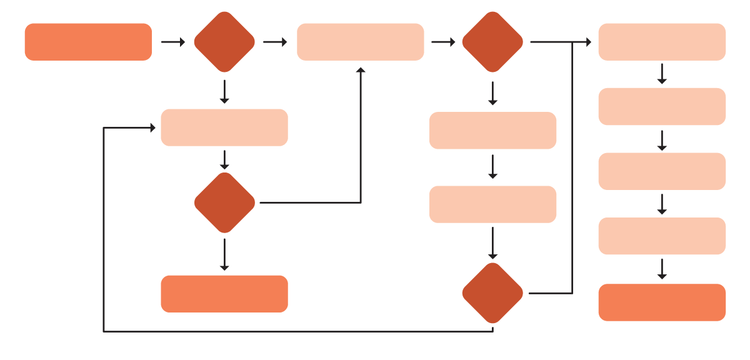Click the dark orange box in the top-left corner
pos(88,42)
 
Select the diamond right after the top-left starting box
pos(224,42)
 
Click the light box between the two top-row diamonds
pos(360,42)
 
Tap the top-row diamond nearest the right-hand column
pos(492,42)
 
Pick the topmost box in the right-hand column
pos(662,42)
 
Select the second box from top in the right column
pos(662,106)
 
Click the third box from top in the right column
pos(662,171)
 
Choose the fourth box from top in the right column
pos(662,236)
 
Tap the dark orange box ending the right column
pos(662,302)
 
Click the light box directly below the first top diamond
pos(224,127)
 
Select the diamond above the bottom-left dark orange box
pos(224,202)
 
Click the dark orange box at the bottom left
pos(224,294)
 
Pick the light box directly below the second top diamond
pos(492,130)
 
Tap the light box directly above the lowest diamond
pos(492,204)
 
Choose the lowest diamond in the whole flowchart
pos(492,293)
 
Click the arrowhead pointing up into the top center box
pos(361,70)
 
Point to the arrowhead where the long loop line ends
pos(152,127)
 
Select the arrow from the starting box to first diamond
pos(173,42)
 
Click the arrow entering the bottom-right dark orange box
pos(662,269)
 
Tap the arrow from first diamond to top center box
pos(275,42)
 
